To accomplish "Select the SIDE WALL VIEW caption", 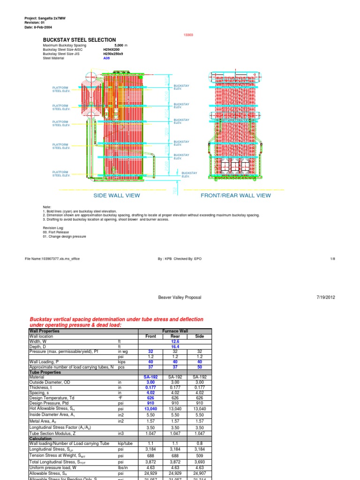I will (117, 195).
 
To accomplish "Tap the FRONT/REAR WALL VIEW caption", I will (235, 195).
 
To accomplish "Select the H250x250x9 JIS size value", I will (114, 53).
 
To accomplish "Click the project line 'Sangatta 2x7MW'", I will (45, 18).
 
